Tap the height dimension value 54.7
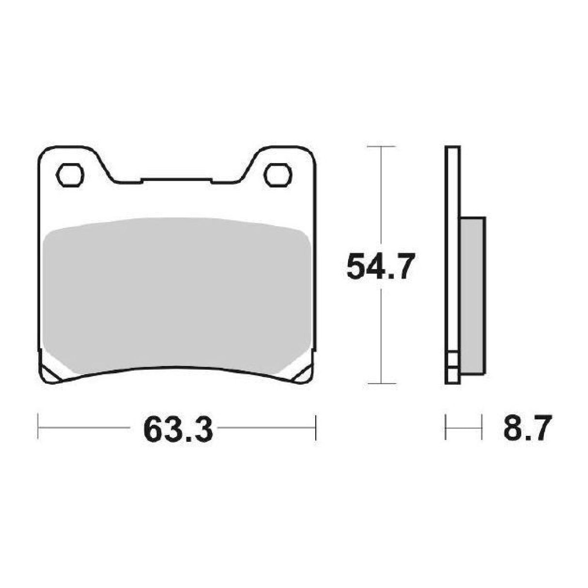(381, 267)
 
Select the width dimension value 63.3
(178, 429)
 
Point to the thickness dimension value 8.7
(527, 428)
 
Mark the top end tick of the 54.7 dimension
(382, 146)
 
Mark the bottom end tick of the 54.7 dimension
(382, 383)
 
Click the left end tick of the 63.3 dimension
(38, 427)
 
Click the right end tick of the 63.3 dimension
(315, 427)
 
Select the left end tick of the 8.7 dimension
(446, 427)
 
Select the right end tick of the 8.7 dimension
(481, 427)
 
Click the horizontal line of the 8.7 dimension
(464, 427)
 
